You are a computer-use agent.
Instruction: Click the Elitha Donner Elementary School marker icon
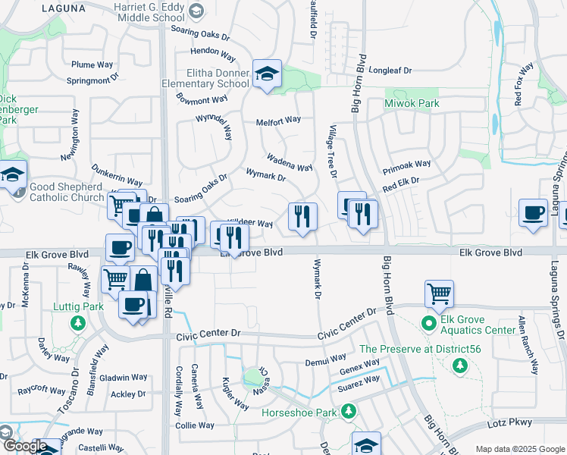[x=267, y=74]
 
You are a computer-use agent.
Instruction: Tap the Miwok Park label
[x=412, y=103]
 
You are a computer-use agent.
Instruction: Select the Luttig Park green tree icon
[x=77, y=324]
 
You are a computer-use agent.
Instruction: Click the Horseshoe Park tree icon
[x=349, y=412]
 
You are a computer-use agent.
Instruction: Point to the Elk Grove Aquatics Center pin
[x=428, y=324]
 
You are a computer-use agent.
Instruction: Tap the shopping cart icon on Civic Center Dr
[x=440, y=293]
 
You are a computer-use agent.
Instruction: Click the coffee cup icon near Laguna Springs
[x=533, y=212]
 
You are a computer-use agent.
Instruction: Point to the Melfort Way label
[x=278, y=119]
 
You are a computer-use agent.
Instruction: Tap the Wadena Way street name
[x=289, y=162]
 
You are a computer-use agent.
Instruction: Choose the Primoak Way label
[x=406, y=164]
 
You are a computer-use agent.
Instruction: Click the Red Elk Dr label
[x=401, y=184]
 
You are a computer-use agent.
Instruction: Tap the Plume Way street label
[x=92, y=65]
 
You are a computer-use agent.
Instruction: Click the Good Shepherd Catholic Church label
[x=67, y=192]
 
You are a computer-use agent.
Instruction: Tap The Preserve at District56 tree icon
[x=459, y=366]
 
